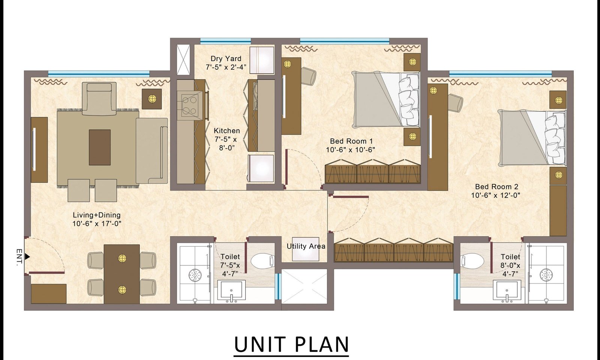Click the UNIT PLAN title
tap(291, 344)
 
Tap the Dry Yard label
tap(226, 58)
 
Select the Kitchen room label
tap(226, 131)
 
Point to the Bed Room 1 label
tap(351, 141)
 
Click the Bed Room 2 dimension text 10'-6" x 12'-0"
tap(495, 195)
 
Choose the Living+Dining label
tap(97, 215)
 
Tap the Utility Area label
tap(306, 246)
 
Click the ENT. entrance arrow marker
tap(27, 256)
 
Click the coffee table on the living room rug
tap(100, 147)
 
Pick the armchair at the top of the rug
tap(99, 99)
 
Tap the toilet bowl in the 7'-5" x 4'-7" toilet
tap(262, 261)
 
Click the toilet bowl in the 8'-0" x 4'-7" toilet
tap(472, 261)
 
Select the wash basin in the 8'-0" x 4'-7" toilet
tap(507, 291)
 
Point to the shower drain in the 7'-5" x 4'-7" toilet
tap(195, 275)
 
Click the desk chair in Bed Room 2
tap(455, 102)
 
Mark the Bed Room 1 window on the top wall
tap(345, 41)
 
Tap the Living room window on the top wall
tap(99, 73)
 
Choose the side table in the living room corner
tap(151, 99)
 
